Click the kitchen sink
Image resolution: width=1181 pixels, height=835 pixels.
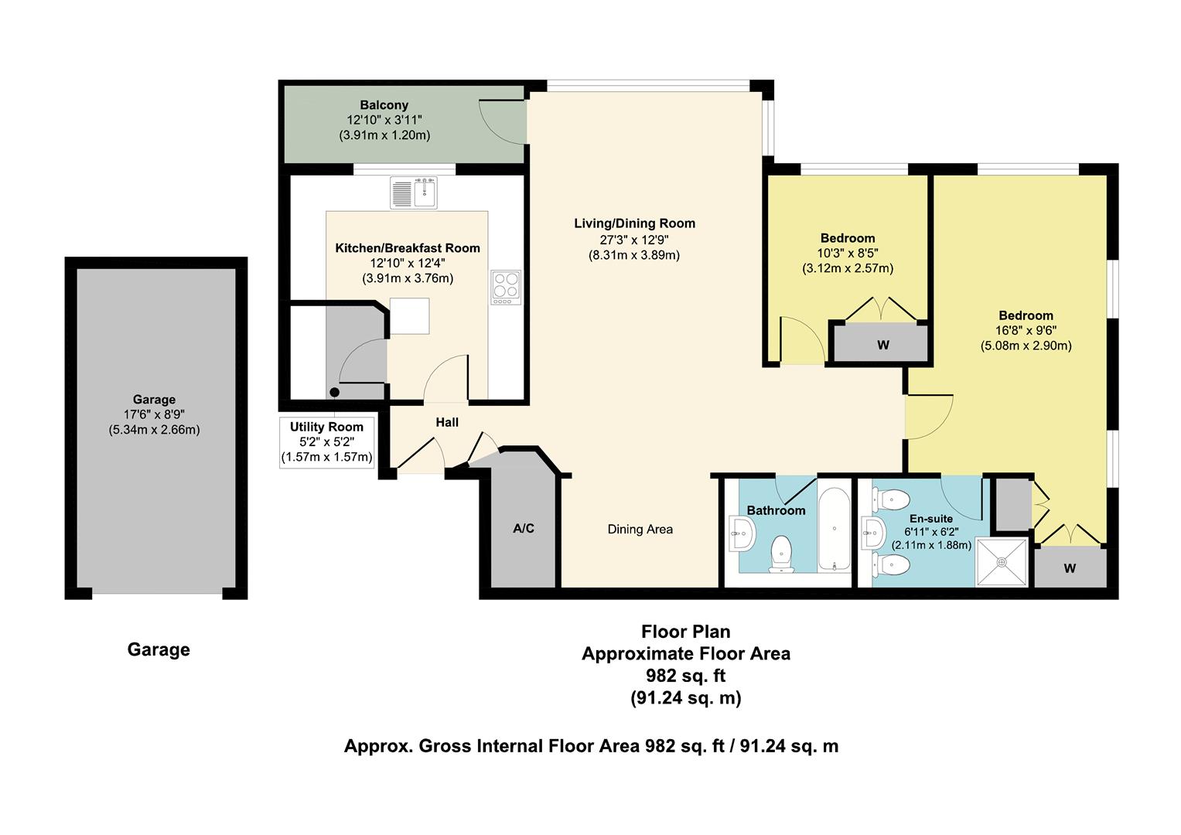[414, 193]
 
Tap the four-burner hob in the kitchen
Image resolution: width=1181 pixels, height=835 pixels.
[506, 288]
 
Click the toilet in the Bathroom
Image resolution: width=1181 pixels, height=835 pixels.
[781, 554]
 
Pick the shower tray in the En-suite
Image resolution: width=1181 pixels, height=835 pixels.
[1002, 562]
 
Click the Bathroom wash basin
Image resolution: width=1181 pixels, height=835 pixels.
[742, 533]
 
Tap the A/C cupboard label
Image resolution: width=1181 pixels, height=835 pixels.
[524, 528]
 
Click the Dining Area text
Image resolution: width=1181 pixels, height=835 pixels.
[640, 530]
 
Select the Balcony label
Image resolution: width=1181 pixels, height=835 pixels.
[384, 105]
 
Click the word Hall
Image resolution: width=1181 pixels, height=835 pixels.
[447, 422]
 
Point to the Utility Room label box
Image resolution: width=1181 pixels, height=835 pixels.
[327, 442]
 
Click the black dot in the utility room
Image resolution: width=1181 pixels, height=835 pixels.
[334, 392]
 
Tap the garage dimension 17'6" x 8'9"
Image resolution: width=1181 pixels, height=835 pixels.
[154, 414]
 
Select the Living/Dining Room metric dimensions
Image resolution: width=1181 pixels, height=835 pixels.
[634, 256]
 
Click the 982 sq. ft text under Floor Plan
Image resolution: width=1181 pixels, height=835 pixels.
[686, 675]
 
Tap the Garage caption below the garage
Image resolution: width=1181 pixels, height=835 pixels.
[159, 649]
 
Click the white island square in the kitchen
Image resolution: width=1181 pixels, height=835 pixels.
[410, 315]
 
